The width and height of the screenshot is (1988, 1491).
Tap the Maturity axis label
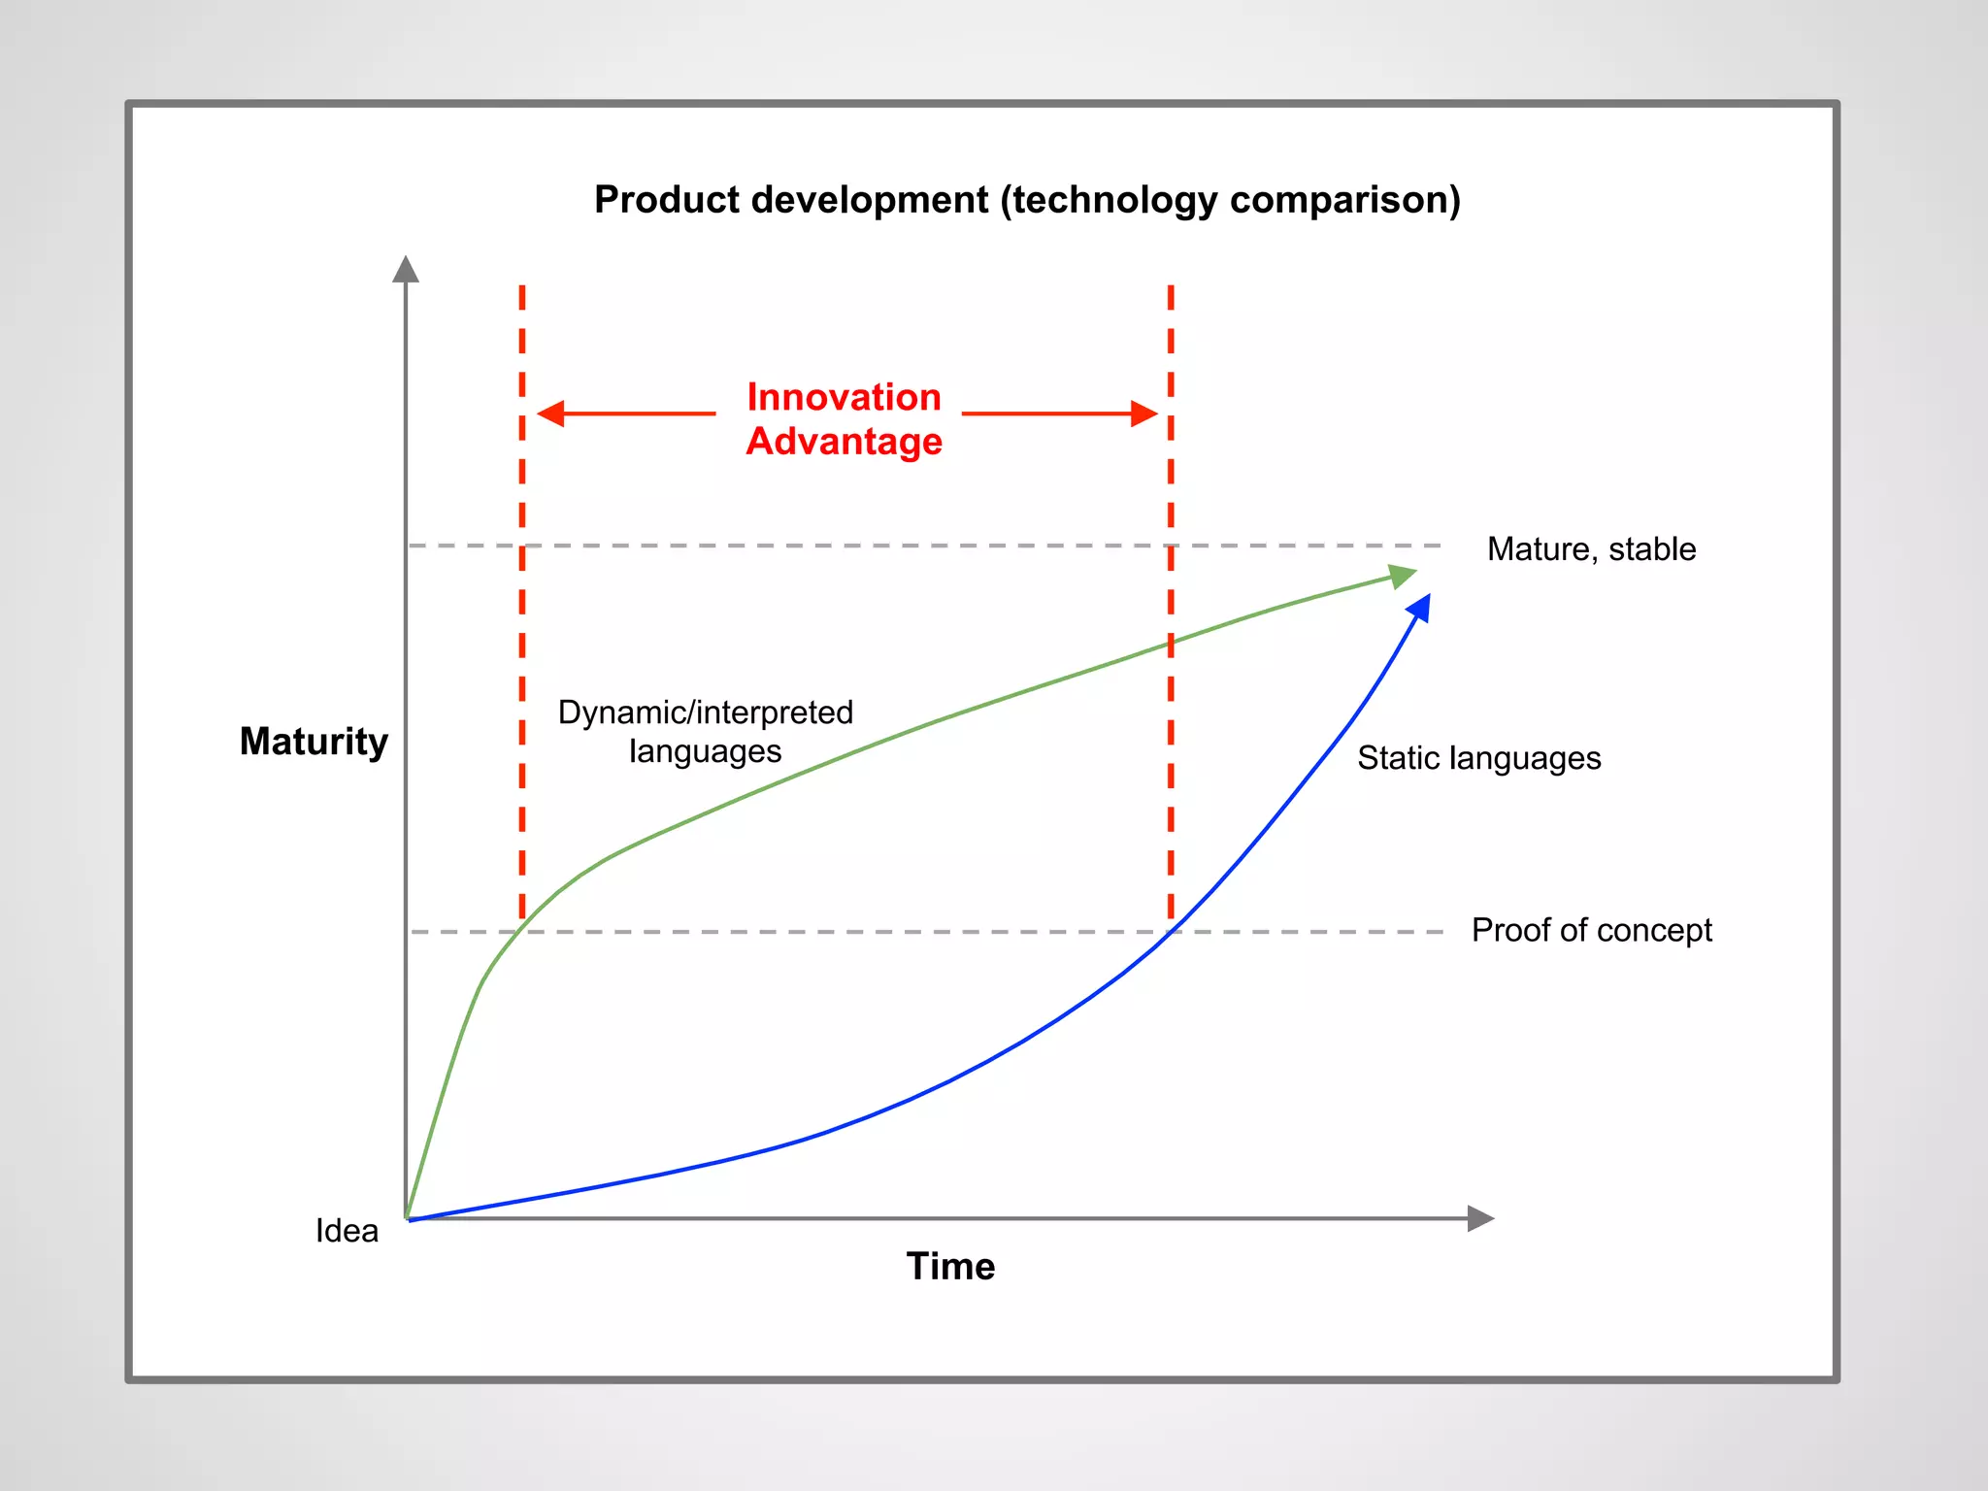(314, 742)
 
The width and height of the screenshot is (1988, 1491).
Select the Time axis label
(950, 1267)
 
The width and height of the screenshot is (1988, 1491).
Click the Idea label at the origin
(347, 1231)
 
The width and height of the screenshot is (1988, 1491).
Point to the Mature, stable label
(1591, 549)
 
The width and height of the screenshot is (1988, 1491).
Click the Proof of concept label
(1591, 930)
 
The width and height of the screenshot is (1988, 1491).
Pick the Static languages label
(1478, 758)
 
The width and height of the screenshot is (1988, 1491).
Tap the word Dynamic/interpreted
(705, 712)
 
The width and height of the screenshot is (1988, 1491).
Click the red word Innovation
(844, 397)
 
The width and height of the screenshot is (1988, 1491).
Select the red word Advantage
(844, 442)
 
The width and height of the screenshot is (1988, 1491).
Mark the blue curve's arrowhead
(1419, 609)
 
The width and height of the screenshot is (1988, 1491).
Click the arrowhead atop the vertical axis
(406, 270)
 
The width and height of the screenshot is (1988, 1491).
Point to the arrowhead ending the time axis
(1479, 1218)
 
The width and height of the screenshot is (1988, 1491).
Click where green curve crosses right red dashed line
(1171, 644)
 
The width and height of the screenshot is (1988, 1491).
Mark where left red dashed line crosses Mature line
(522, 546)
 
